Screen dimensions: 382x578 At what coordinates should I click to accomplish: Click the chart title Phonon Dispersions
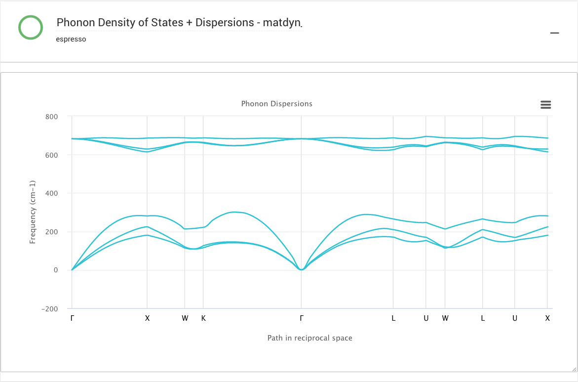pos(276,104)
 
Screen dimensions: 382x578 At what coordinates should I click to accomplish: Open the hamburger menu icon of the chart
pos(545,105)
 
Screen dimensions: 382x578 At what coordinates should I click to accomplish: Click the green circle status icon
pos(31,27)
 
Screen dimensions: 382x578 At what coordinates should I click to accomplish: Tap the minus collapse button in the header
pos(555,33)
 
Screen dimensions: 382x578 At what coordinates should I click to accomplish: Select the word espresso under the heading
pos(71,39)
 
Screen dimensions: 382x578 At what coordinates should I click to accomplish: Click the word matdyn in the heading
pos(282,23)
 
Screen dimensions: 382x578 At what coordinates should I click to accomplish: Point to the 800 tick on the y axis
pos(52,117)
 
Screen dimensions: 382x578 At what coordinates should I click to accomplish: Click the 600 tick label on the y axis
pos(52,155)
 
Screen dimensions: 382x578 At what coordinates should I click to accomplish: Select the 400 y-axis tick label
pos(52,193)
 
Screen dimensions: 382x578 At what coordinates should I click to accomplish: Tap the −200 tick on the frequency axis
pos(50,309)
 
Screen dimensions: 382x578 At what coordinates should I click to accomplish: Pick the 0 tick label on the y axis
pos(56,270)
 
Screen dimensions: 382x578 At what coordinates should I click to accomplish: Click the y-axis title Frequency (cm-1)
pos(33,212)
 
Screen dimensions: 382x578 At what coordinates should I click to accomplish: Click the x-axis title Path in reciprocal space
pos(309,338)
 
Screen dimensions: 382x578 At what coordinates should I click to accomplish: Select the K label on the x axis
pos(203,318)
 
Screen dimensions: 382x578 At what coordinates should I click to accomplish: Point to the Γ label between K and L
pos(302,318)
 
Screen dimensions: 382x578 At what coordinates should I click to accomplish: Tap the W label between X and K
pos(185,318)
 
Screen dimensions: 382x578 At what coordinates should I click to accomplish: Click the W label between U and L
pos(445,318)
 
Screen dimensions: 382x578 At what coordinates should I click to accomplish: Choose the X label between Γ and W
pos(147,318)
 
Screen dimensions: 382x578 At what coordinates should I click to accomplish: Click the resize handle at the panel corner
pos(574,368)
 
